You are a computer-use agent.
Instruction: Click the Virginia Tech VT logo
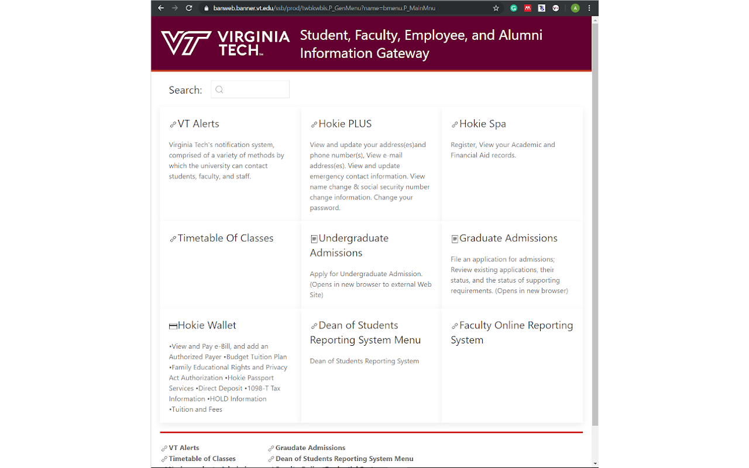(x=186, y=43)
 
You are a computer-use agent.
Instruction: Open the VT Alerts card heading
(x=198, y=124)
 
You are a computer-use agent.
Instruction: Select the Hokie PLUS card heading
(x=345, y=124)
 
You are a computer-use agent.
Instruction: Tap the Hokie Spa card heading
(x=482, y=124)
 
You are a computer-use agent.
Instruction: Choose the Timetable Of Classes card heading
(x=225, y=238)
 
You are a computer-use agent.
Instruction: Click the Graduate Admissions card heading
(x=508, y=238)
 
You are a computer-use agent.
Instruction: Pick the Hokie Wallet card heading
(x=207, y=325)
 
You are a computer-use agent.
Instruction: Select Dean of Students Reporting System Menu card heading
(x=365, y=332)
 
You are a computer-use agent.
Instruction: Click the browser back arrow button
(x=161, y=8)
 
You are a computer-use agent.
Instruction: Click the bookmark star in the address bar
(x=496, y=8)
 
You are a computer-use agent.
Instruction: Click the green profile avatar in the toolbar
(x=575, y=8)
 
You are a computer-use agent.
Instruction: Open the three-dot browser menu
(x=589, y=8)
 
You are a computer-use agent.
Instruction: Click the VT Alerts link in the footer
(x=184, y=448)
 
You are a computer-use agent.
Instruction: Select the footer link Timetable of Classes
(x=202, y=459)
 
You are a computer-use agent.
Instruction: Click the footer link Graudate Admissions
(x=310, y=448)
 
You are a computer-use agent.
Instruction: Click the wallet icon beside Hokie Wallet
(x=173, y=326)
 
